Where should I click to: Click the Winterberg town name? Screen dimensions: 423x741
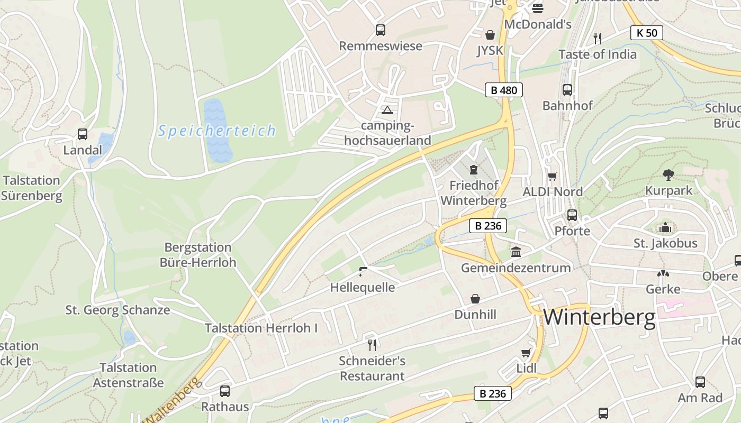599,317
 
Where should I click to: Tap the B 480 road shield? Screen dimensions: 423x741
504,90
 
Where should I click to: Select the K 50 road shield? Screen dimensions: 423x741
647,33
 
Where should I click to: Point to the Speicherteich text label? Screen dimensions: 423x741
216,131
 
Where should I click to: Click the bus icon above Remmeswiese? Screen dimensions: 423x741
381,30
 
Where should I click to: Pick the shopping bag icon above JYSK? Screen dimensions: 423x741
490,35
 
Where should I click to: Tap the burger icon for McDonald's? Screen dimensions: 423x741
538,8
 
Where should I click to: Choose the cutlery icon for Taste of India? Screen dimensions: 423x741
598,38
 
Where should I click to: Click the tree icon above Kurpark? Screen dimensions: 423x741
668,174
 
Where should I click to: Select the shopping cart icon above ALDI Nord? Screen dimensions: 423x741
553,176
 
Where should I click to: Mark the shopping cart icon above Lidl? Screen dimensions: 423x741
526,353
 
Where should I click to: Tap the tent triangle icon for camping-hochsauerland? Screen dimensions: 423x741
387,110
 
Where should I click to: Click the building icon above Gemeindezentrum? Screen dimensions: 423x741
516,252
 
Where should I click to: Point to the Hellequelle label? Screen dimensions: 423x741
363,287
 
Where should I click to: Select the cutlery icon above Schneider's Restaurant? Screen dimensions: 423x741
372,345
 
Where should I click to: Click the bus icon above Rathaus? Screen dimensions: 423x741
225,391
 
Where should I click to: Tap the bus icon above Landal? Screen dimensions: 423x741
83,134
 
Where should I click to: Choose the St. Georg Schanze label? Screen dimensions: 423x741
118,310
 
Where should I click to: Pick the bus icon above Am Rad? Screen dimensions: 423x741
700,382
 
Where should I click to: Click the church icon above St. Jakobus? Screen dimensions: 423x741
665,228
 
